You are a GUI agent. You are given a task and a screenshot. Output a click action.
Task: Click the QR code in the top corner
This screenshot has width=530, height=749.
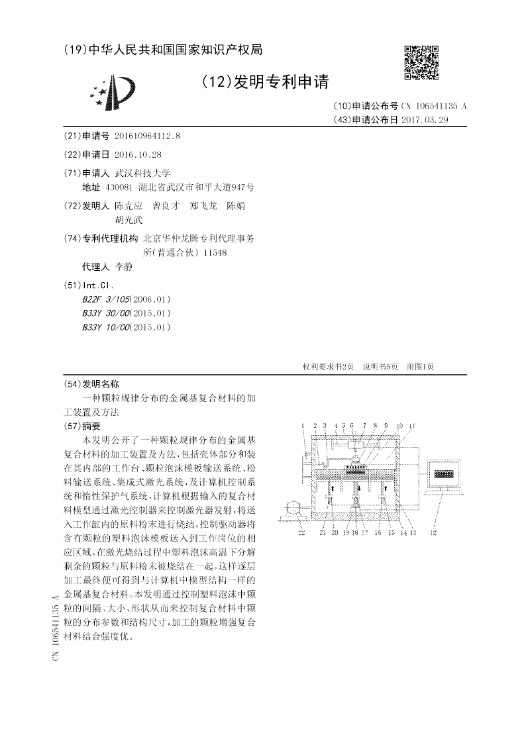[421, 62]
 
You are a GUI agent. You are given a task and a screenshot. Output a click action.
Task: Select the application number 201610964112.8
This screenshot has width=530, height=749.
[147, 136]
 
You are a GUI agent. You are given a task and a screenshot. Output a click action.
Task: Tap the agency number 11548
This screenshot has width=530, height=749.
[216, 252]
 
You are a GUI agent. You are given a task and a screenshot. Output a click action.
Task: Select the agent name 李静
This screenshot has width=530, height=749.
[124, 267]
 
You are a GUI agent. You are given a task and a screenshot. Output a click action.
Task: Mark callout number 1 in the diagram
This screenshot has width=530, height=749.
[302, 425]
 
